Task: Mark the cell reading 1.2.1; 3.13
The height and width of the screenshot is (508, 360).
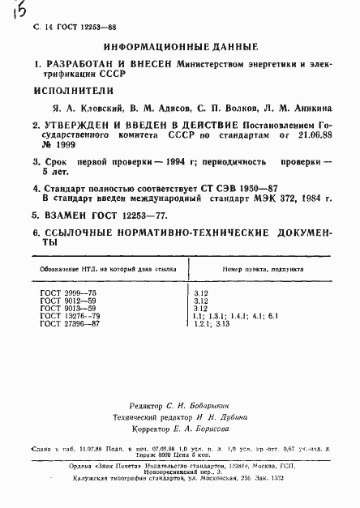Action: coord(213,324)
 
